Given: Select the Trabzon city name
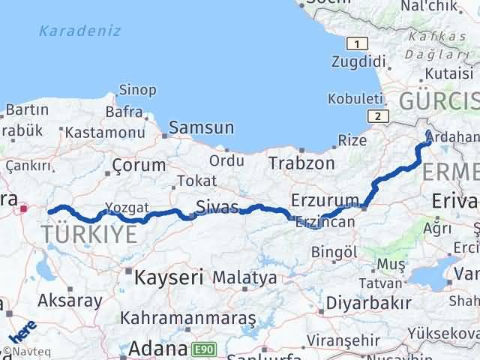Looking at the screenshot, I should tap(301, 163).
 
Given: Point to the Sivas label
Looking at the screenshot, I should tap(217, 206).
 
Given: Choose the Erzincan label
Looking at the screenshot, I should tap(324, 223).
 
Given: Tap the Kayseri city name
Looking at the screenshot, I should tap(169, 277).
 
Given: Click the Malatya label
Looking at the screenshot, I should tap(244, 277).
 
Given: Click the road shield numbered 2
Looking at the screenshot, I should tap(379, 115).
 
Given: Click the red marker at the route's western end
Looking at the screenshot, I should tap(25, 210).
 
